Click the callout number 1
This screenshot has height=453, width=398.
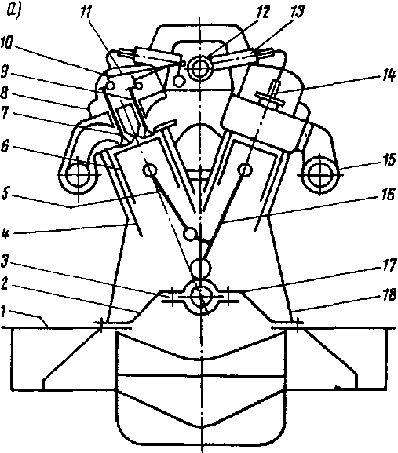point(4,312)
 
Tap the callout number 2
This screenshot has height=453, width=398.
point(5,284)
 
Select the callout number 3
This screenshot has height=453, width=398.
point(5,262)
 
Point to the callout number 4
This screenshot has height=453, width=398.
point(5,232)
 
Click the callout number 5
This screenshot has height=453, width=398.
point(5,195)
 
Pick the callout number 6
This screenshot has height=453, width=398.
point(5,147)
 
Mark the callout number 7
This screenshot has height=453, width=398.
point(5,113)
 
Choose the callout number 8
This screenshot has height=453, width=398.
point(5,93)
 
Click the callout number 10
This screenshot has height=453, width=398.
point(6,43)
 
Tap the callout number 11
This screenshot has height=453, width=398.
point(86,13)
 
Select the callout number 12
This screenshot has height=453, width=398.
point(262,12)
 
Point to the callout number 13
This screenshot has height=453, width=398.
point(298,12)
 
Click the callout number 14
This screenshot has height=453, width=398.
point(388,75)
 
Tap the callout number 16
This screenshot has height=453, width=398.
point(388,195)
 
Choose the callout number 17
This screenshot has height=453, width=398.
point(388,265)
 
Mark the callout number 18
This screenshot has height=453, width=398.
point(389,295)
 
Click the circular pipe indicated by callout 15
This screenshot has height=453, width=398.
point(319,174)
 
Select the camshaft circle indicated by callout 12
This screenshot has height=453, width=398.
point(199,68)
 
